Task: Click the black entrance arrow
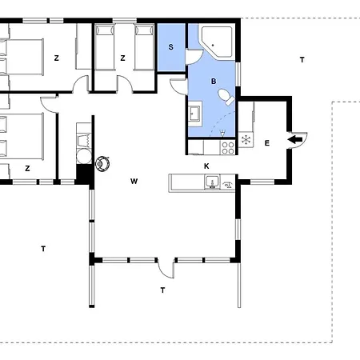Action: (295, 139)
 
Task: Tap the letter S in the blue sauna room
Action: (171, 47)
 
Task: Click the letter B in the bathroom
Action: (214, 81)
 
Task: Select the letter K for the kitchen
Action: (206, 166)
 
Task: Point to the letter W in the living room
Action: (134, 182)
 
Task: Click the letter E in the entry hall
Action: (267, 143)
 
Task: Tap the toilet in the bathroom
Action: (226, 97)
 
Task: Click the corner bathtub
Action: (217, 42)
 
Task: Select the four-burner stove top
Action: (228, 148)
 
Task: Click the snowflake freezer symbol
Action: (246, 140)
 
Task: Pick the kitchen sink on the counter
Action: (212, 182)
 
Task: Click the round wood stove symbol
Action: (102, 164)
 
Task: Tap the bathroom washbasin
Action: (194, 114)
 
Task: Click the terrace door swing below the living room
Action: (166, 268)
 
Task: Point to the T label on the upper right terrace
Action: (302, 60)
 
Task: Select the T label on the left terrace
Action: (43, 249)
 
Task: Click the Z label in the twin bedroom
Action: (122, 58)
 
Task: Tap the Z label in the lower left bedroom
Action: (27, 168)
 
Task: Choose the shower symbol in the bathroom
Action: (222, 133)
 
